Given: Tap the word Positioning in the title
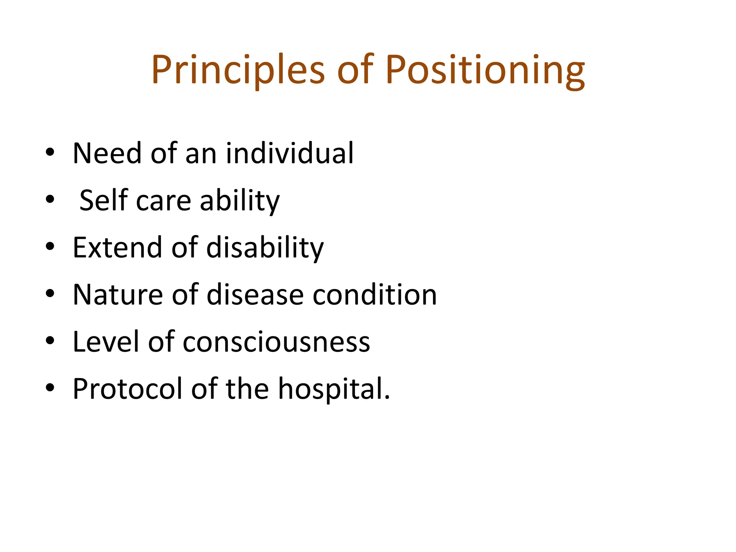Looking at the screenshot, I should (x=485, y=70).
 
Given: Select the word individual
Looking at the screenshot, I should (x=290, y=153).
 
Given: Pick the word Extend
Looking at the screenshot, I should (x=117, y=248).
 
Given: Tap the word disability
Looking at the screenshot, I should (x=265, y=248).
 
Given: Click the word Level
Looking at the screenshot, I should (x=106, y=342).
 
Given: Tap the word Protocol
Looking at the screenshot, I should (x=127, y=389).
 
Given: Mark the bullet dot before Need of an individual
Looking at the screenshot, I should (x=50, y=152).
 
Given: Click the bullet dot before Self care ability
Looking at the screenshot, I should (x=50, y=199).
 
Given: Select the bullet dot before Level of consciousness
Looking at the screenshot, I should (x=50, y=341).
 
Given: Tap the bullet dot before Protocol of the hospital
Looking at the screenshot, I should (x=50, y=388).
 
